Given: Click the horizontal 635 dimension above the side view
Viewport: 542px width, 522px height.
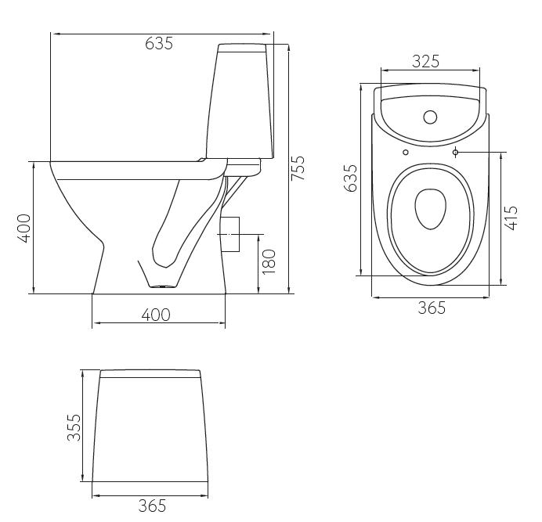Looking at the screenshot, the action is point(159,44).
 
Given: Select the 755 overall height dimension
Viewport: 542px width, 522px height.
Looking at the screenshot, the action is point(298,168).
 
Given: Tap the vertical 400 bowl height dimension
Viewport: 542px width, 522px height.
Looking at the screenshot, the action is point(24,229).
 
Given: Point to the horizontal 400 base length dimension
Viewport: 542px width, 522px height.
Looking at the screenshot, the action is point(156,315).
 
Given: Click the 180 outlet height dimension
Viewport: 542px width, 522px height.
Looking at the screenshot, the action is point(269,262).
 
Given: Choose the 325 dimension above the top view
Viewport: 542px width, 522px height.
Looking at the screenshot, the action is point(425,62).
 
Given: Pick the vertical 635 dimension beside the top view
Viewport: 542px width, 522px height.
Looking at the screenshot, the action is point(350,178).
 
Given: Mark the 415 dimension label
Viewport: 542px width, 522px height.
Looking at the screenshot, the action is point(511,218).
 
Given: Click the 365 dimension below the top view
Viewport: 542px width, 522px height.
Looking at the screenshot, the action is point(432,308).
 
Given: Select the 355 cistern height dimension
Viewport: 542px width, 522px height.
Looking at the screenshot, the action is point(74,427).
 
